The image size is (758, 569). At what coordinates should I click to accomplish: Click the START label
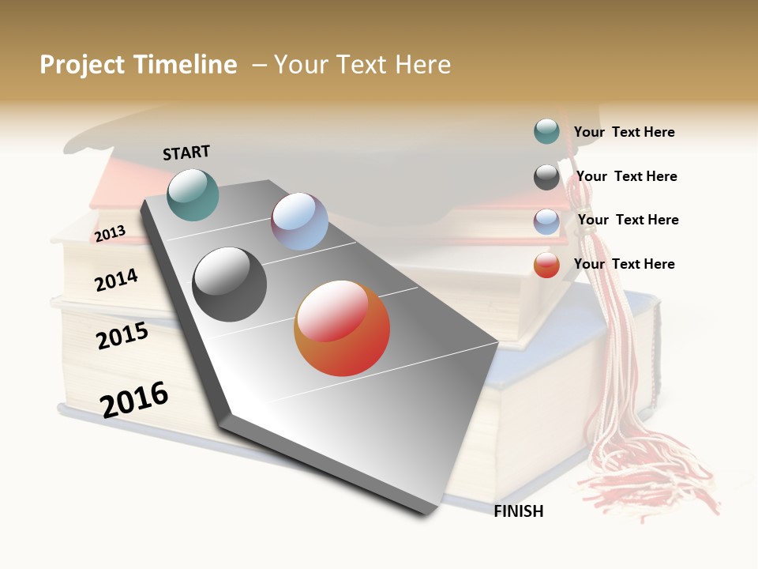186,153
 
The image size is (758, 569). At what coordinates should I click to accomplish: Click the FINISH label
518,511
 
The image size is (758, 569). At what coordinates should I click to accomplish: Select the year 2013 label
110,234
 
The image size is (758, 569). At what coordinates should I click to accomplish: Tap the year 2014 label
116,280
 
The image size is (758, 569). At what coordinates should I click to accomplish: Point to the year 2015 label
122,336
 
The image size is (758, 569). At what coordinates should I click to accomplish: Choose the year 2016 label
134,399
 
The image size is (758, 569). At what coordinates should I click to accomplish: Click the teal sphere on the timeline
193,194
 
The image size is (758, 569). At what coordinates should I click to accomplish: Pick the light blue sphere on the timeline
299,221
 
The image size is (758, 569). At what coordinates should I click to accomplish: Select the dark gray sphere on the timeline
229,284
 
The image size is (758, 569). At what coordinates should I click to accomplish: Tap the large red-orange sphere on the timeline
342,328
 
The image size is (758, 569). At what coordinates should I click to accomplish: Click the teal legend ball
546,131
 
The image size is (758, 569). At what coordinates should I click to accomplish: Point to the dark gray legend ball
546,177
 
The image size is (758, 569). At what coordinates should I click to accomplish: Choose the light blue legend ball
546,221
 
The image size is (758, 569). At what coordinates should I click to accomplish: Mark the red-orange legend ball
546,265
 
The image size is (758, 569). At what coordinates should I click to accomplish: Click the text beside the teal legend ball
624,132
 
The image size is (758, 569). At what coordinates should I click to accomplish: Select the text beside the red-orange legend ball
624,264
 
